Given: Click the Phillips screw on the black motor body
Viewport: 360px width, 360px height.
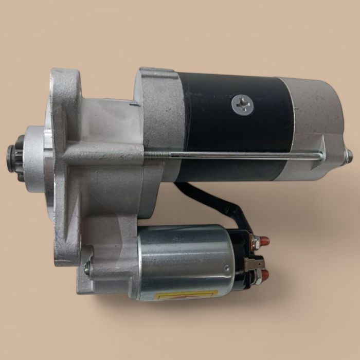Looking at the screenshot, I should coord(242,104).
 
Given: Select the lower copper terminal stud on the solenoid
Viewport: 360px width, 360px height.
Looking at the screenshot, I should coord(264,275).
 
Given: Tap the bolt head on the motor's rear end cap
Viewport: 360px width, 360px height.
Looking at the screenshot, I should coord(349,156).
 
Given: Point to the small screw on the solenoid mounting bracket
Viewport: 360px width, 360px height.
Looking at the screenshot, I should coord(87,267).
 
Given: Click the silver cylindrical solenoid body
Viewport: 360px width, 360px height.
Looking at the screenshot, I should coord(185,260).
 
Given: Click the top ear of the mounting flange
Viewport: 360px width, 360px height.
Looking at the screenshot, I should coord(66,85).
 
